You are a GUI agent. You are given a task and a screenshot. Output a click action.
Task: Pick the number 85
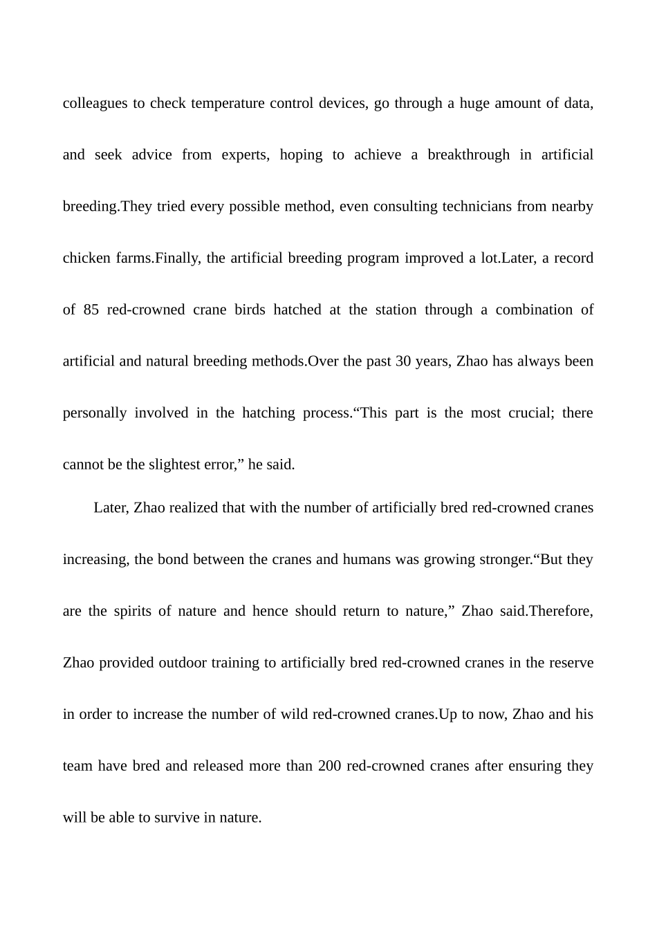[x=91, y=310]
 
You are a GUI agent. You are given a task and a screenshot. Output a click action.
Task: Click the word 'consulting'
[x=405, y=207]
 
